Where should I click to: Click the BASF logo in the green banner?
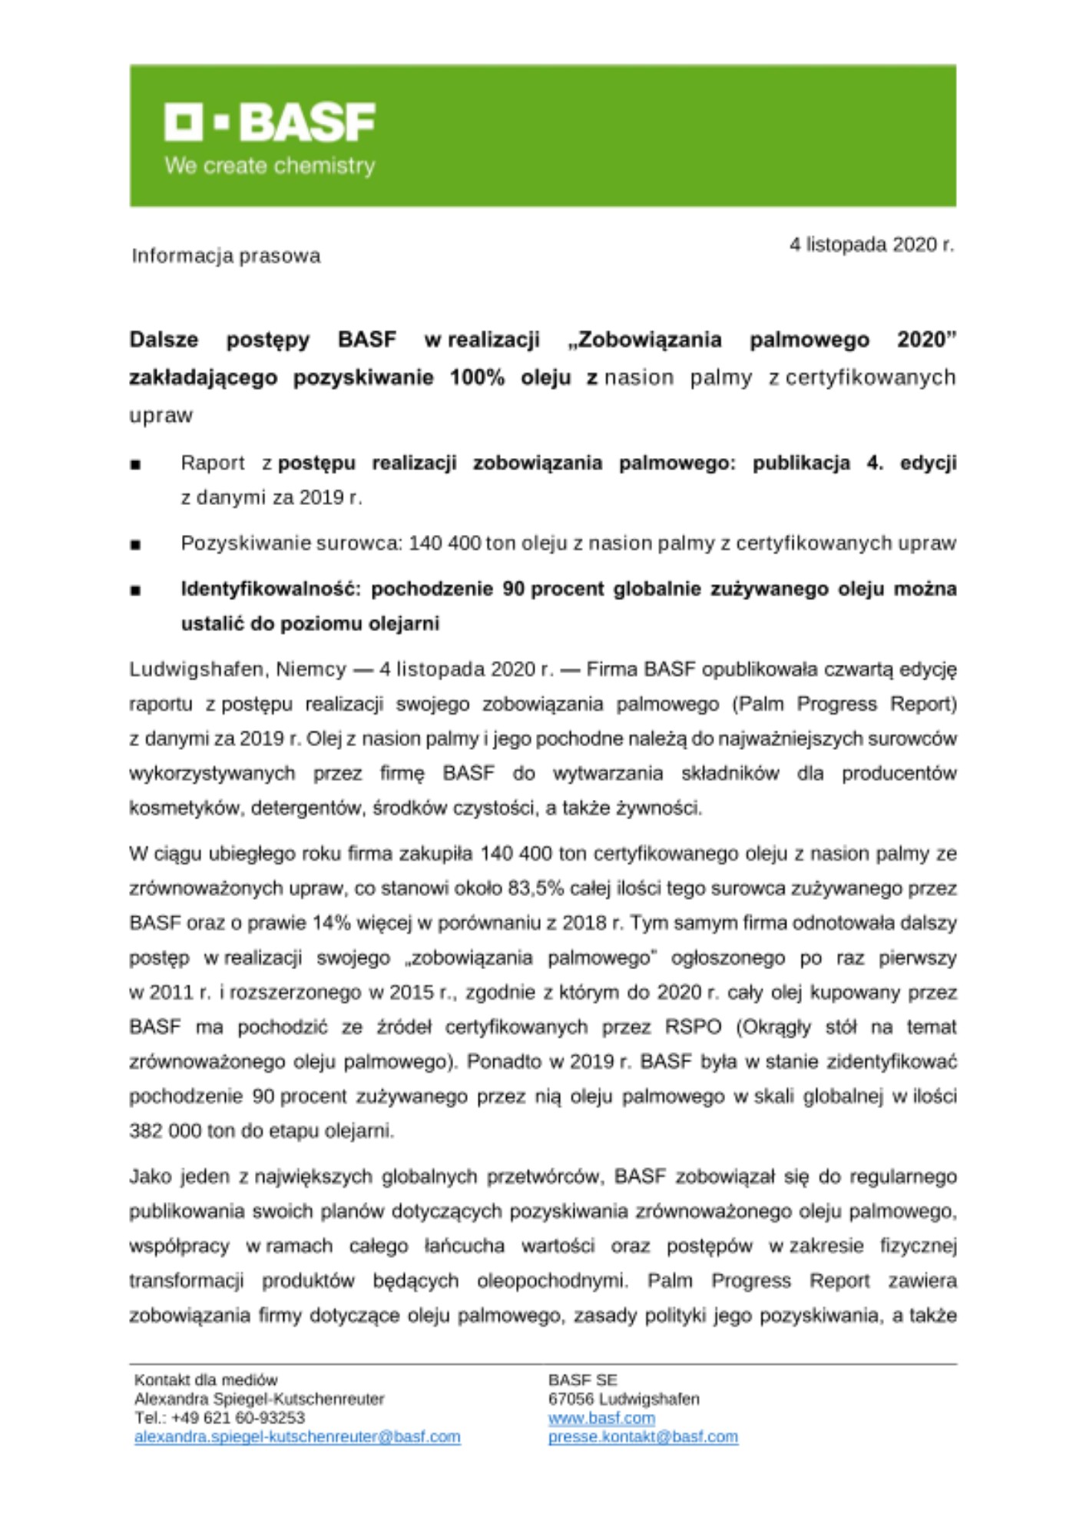(x=270, y=123)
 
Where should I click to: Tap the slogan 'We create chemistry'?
(x=270, y=166)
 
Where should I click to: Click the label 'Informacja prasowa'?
(x=226, y=256)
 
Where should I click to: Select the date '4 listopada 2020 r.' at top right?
(x=872, y=245)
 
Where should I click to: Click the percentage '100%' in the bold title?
(x=477, y=378)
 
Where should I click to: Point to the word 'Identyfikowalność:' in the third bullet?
(x=270, y=589)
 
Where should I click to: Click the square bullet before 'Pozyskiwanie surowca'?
(x=136, y=545)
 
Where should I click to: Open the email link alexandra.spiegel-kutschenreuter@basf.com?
(x=297, y=1436)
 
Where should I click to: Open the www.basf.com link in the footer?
(x=601, y=1418)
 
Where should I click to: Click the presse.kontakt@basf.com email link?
(x=643, y=1436)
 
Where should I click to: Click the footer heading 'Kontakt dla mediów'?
(x=206, y=1380)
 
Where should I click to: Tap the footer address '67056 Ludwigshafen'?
(x=624, y=1399)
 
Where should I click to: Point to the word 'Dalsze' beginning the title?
(x=164, y=340)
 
